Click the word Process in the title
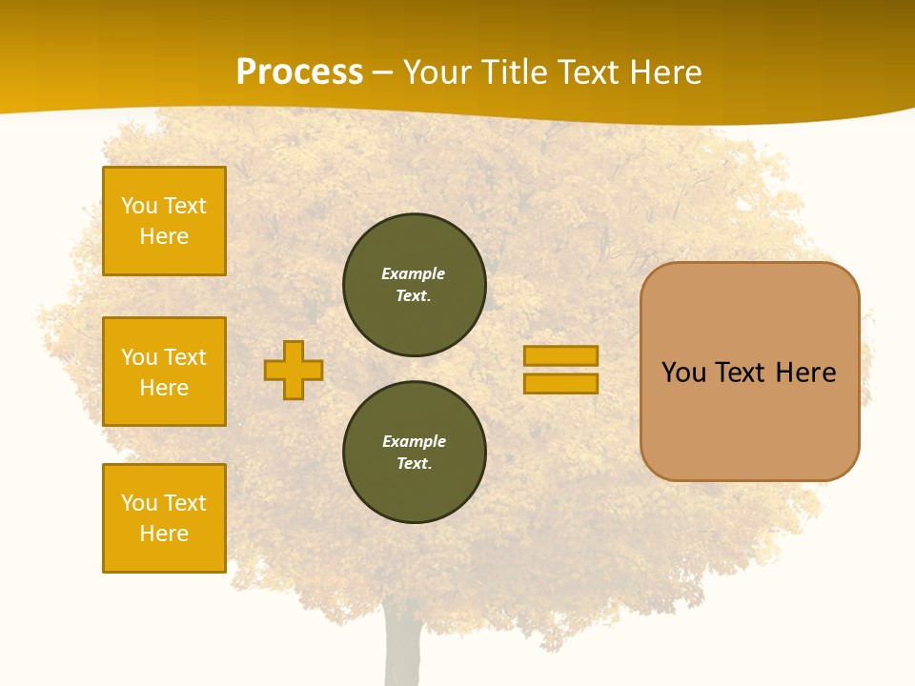[299, 72]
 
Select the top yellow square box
[164, 221]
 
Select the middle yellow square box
[164, 372]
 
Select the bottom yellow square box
[164, 517]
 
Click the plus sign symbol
[294, 370]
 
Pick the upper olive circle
[415, 284]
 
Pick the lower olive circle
[415, 452]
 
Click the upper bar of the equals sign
[560, 355]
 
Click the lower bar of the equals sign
[560, 383]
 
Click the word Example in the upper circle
[414, 273]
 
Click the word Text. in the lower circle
[414, 464]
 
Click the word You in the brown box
[683, 373]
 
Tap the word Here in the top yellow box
[164, 236]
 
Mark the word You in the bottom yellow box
[139, 503]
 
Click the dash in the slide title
[383, 72]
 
